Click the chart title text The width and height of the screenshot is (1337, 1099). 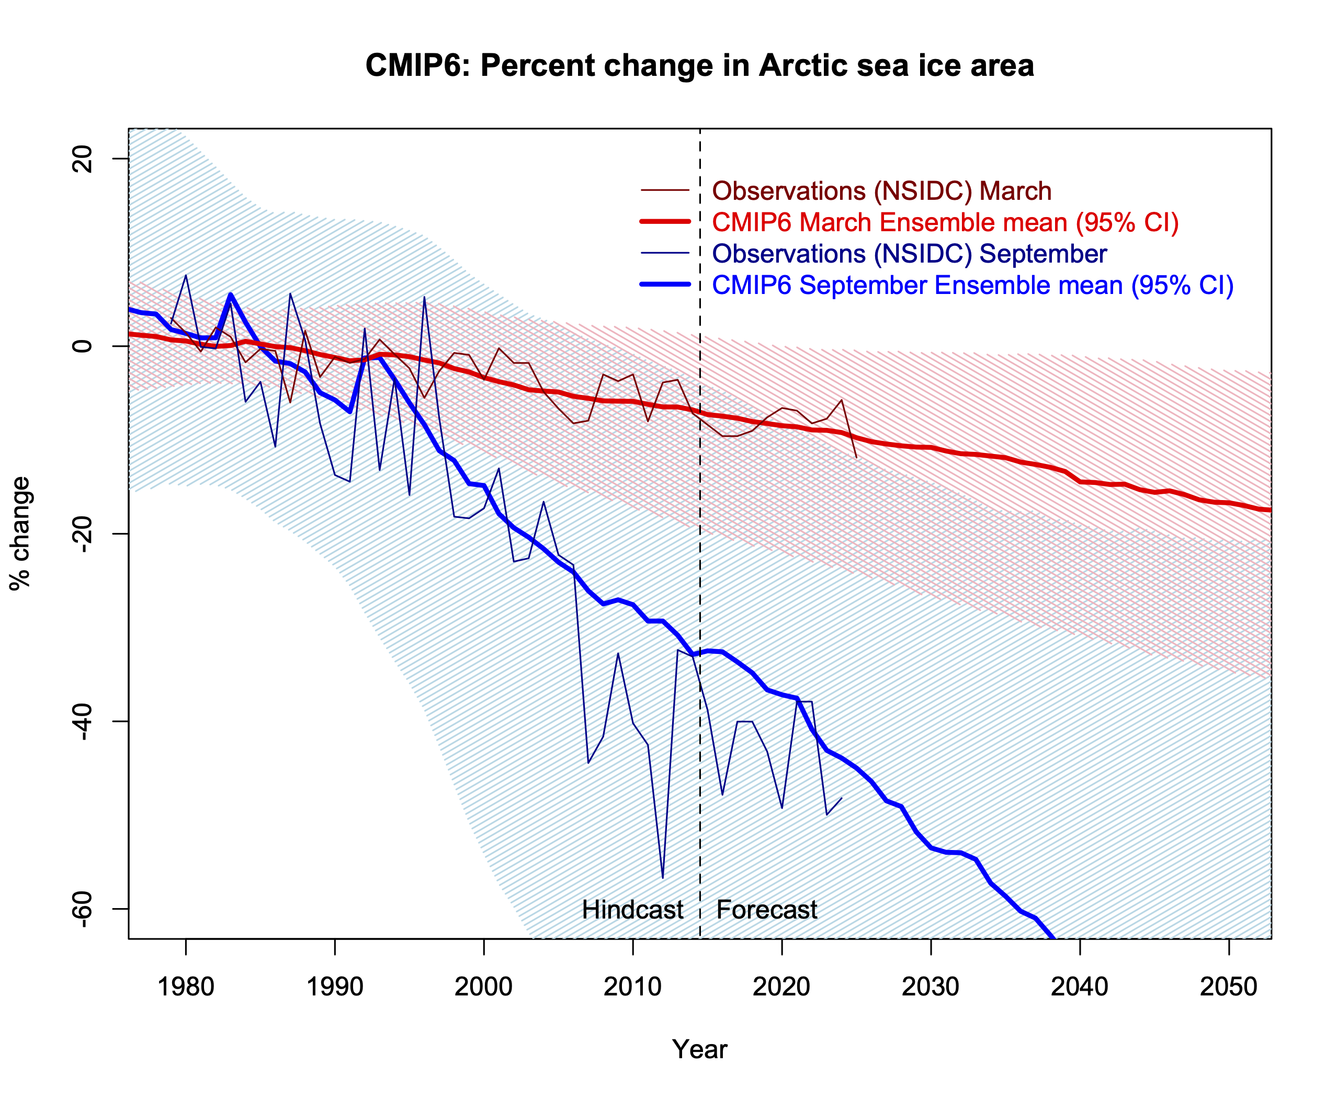pos(699,66)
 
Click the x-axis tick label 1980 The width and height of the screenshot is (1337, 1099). pos(186,987)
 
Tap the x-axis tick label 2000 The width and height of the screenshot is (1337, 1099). pos(484,987)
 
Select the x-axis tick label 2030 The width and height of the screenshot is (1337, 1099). pos(931,987)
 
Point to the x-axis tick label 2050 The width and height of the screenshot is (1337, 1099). pos(1228,987)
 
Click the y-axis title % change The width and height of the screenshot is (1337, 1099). pos(20,534)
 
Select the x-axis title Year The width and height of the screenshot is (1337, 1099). pos(699,1049)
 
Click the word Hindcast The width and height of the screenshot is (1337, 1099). pos(632,910)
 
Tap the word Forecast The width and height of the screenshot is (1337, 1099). pos(767,910)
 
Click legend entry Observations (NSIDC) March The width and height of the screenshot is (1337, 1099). pos(881,190)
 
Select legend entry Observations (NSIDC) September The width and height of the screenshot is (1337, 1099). pos(909,254)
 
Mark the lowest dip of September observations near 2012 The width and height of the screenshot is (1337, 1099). pos(663,877)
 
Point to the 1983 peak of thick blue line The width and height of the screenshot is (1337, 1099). pos(231,294)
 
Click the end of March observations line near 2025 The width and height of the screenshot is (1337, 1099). pos(856,457)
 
